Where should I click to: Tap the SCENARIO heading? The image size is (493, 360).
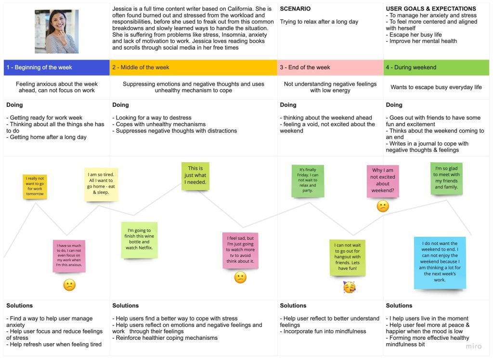[x=295, y=9]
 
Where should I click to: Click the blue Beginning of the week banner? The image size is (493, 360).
[x=57, y=67]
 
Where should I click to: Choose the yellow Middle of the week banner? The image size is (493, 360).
[x=194, y=67]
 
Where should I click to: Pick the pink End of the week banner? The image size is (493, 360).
[x=330, y=67]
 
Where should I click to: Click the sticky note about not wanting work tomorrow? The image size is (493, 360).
[x=35, y=187]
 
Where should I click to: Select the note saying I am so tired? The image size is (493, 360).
[x=101, y=184]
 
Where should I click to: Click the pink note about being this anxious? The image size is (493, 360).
[x=69, y=256]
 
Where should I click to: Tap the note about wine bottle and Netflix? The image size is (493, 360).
[x=140, y=240]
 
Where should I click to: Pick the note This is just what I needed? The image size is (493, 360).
[x=195, y=176]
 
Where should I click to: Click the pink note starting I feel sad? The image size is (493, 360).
[x=240, y=250]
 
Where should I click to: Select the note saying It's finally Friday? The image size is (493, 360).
[x=308, y=181]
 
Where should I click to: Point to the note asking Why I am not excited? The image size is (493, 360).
[x=383, y=181]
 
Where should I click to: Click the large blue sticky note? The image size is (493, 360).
[x=440, y=262]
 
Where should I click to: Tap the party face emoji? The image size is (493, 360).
[x=349, y=287]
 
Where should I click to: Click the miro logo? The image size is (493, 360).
[x=473, y=346]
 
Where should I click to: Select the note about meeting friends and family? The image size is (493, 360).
[x=446, y=179]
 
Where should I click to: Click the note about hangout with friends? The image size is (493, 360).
[x=348, y=257]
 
